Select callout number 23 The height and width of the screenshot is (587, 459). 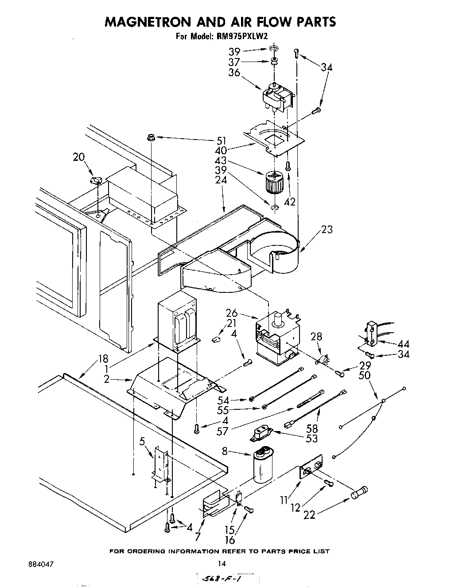coord(327,229)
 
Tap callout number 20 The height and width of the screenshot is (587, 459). coord(79,157)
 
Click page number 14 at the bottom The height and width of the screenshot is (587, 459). coord(222,564)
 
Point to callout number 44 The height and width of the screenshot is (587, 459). coord(403,344)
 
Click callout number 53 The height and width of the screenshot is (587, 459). coord(312,439)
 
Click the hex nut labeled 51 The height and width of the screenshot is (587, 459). coord(151,138)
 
